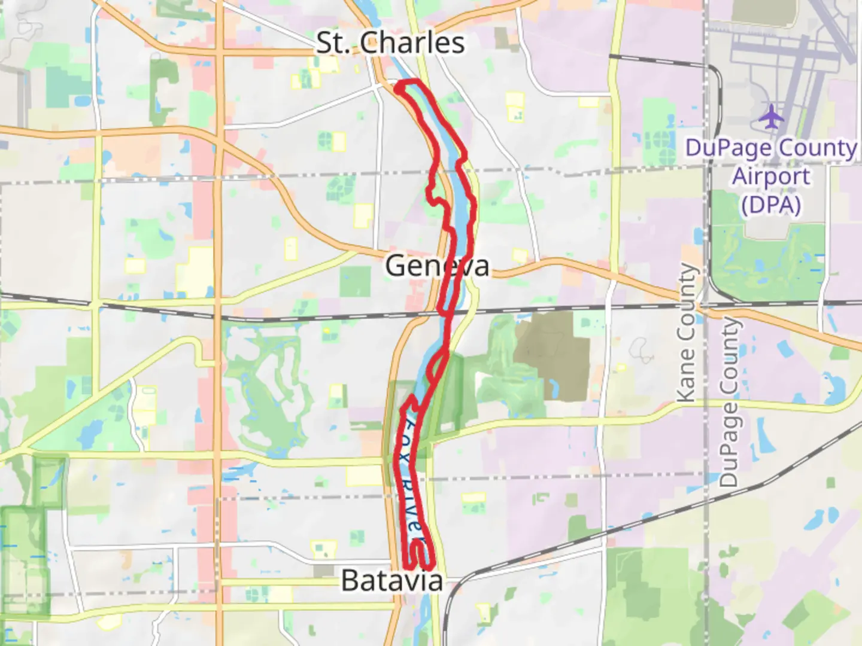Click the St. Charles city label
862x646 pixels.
pyautogui.click(x=390, y=43)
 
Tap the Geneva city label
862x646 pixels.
pyautogui.click(x=437, y=266)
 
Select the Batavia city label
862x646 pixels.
pyautogui.click(x=392, y=580)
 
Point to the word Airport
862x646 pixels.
pyautogui.click(x=771, y=176)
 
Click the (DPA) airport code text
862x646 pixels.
pyautogui.click(x=771, y=205)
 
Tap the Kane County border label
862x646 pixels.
pyautogui.click(x=687, y=333)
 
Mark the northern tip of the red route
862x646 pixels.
pyautogui.click(x=409, y=81)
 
